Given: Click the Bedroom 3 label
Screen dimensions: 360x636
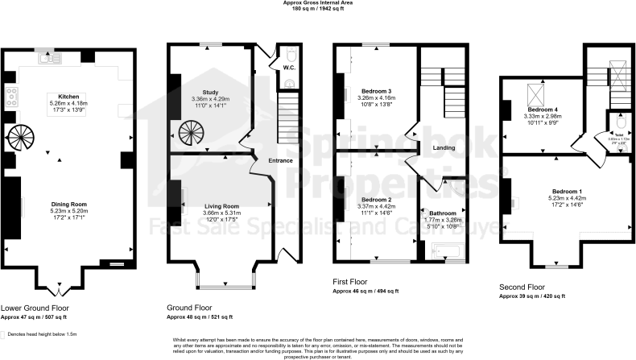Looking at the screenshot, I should (x=376, y=91).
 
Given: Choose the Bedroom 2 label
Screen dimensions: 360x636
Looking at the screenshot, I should (x=376, y=199).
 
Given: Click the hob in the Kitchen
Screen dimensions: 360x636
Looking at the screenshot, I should (x=13, y=98).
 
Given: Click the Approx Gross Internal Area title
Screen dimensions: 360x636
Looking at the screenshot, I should (x=317, y=3).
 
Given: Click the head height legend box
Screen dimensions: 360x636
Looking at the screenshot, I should (x=5, y=333).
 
